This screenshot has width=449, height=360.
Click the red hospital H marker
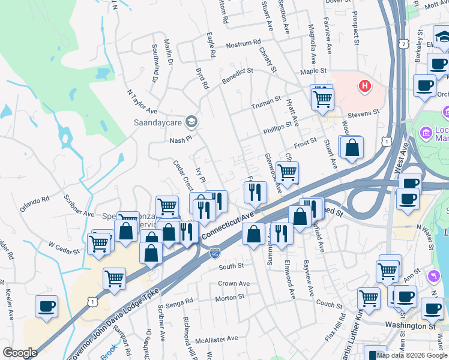(364, 86)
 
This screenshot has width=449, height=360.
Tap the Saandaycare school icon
(191, 122)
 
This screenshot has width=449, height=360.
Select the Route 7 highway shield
(402, 44)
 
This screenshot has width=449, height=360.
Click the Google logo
(20, 352)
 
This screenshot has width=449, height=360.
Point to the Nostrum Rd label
(243, 44)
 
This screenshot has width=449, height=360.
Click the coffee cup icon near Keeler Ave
(46, 306)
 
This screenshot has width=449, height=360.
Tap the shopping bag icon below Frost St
(352, 147)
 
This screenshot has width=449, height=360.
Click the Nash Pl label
(179, 139)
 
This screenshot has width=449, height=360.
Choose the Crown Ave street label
(234, 283)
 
